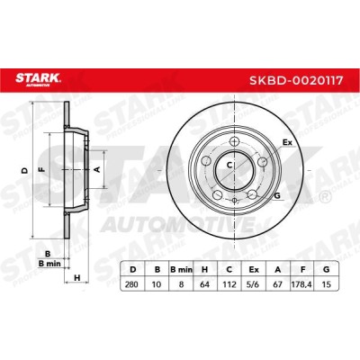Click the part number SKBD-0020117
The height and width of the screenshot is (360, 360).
click(x=296, y=80)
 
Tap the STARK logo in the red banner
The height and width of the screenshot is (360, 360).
click(x=38, y=79)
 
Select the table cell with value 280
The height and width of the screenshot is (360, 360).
click(x=131, y=283)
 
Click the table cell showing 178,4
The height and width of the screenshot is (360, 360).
click(x=301, y=283)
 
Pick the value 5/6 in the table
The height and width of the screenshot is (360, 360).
click(x=254, y=283)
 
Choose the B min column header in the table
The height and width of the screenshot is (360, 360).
click(x=181, y=270)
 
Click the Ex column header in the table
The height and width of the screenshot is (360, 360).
click(x=254, y=270)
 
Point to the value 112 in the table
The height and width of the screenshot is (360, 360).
click(x=229, y=283)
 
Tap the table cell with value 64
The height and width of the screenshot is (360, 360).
click(x=205, y=283)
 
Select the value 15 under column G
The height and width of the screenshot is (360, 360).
click(x=326, y=283)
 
